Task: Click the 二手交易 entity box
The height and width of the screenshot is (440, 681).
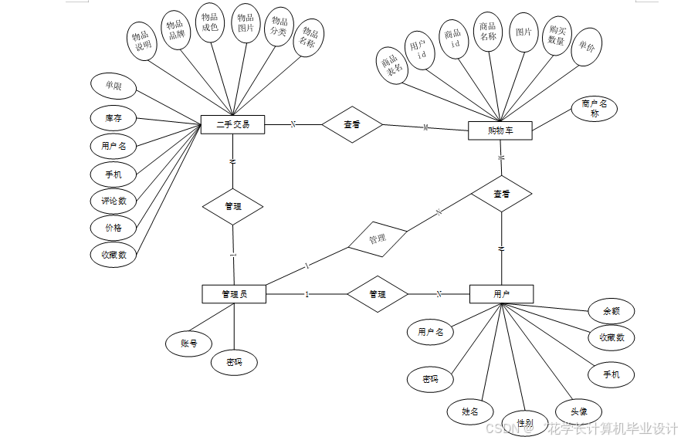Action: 232,124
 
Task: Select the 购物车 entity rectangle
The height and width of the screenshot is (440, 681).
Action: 500,130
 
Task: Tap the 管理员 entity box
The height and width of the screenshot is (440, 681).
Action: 234,293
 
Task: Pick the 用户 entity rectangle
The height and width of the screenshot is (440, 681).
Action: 501,293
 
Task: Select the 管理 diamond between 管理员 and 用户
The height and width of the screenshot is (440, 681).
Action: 377,294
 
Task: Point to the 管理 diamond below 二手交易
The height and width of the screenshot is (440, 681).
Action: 232,206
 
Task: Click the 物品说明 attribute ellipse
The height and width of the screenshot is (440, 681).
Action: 142,40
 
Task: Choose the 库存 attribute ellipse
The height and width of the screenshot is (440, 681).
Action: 113,118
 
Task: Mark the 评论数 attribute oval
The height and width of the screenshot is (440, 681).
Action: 113,201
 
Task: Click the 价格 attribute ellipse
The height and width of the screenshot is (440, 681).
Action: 113,228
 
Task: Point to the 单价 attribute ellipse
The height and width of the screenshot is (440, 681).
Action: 587,47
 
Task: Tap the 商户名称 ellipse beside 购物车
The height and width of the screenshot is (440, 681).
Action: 595,109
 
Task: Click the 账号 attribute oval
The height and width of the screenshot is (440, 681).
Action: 189,343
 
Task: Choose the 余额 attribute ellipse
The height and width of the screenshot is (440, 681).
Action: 612,311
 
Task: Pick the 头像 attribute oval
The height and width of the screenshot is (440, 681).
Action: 578,412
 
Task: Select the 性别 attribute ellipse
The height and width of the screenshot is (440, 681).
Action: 525,422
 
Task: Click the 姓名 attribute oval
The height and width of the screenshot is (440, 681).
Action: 470,411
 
